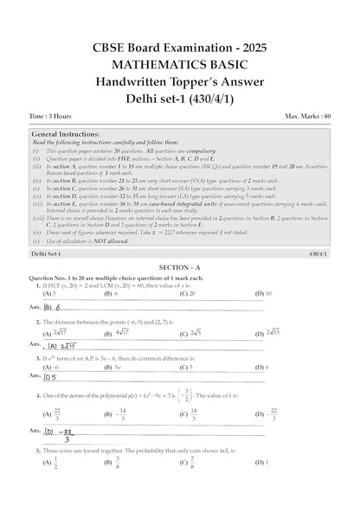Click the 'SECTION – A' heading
tap(180, 268)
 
